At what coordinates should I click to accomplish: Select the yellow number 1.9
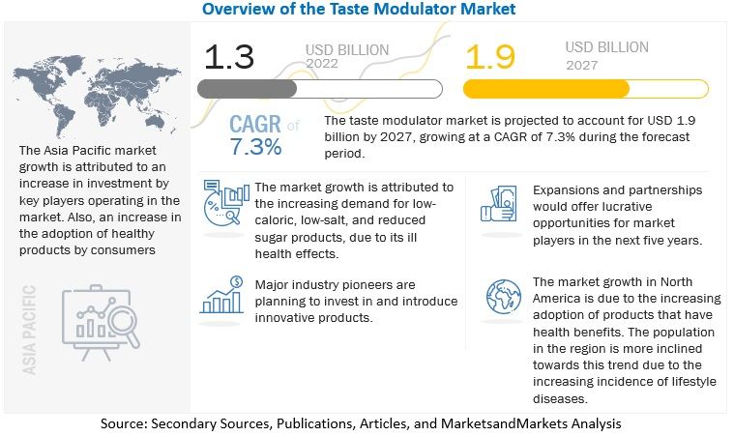[491, 57]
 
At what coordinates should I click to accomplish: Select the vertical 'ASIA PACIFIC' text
[28, 330]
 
